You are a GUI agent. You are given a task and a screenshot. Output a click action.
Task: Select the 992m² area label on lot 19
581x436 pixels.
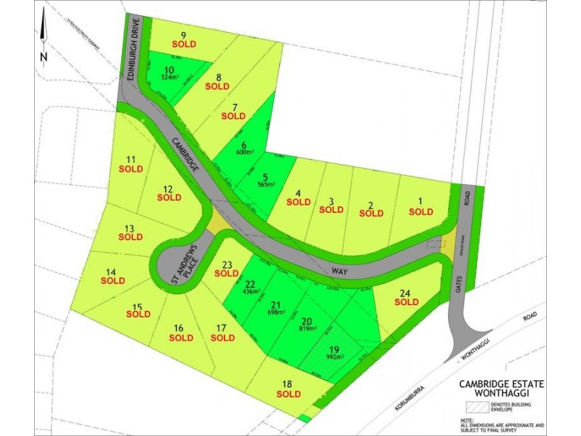tap(336, 357)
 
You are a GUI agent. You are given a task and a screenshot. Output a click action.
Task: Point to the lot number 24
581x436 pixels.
tap(405, 294)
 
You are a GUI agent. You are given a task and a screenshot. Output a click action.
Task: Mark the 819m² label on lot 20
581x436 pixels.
tap(306, 328)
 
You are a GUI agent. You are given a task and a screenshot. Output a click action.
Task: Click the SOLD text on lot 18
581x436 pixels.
tap(288, 394)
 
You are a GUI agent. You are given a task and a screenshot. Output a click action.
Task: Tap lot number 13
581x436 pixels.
tap(130, 227)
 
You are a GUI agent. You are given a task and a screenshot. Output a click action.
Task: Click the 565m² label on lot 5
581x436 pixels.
tap(266, 185)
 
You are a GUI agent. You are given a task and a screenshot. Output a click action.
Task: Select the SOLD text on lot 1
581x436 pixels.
tap(420, 211)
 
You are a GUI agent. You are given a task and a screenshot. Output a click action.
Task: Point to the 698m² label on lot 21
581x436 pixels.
tap(275, 311)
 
